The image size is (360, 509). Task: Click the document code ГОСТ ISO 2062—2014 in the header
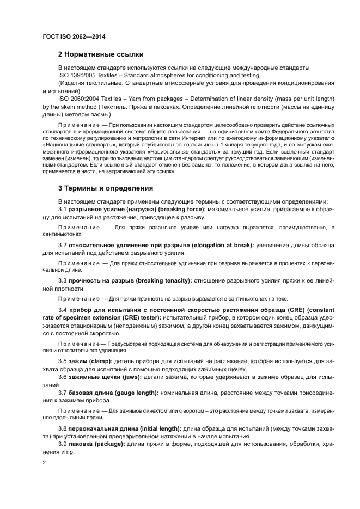tap(74, 36)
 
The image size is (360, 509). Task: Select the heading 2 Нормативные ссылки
tap(101, 54)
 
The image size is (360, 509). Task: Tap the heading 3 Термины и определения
tap(106, 188)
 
